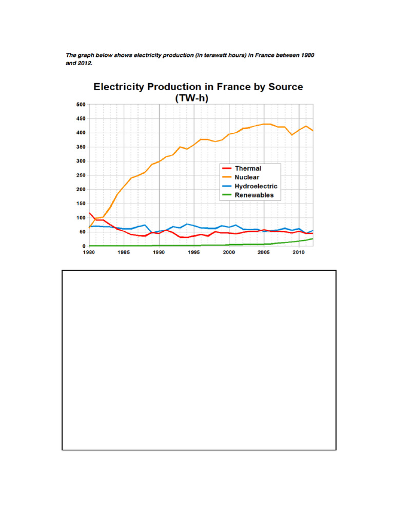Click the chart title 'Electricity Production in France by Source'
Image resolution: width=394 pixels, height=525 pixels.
[x=198, y=87]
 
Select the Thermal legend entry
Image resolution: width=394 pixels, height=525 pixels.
[x=248, y=168]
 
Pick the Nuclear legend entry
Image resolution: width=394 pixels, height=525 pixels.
[x=247, y=177]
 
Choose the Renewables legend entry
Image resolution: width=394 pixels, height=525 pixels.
[x=254, y=195]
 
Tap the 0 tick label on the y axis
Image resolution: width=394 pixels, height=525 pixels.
[x=83, y=246]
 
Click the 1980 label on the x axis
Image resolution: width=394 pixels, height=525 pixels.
[x=89, y=253]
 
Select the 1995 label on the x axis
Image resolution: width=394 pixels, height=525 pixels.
[x=194, y=253]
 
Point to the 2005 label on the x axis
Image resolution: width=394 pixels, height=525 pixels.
[x=264, y=253]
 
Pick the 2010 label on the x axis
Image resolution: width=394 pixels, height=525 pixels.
[x=299, y=253]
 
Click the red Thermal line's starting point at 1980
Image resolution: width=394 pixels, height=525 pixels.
[x=89, y=213]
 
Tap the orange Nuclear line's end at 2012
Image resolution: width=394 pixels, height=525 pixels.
[x=313, y=131]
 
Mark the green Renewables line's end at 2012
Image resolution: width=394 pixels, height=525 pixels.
[x=313, y=238]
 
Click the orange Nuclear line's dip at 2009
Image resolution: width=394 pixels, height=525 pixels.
[x=292, y=135]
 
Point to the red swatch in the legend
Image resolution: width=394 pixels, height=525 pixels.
[x=226, y=168]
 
